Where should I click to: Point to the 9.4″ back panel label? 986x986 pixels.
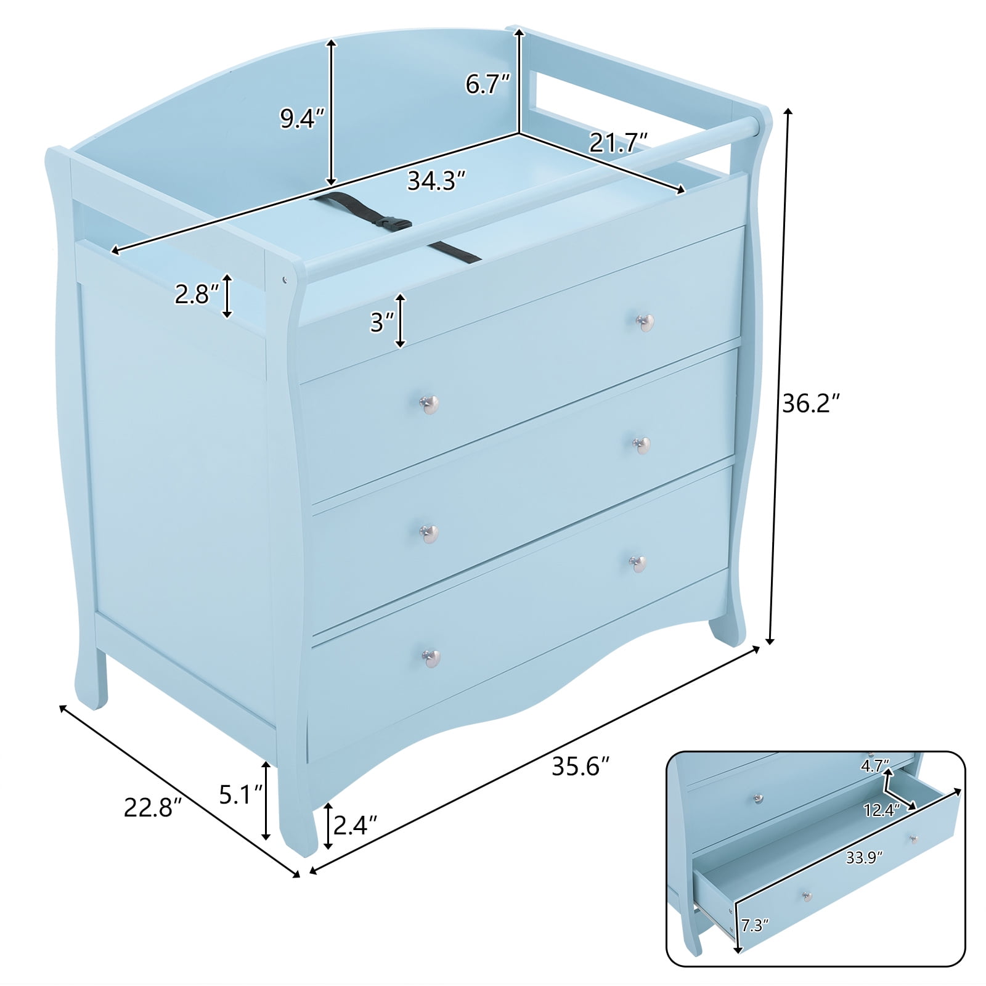pyautogui.click(x=302, y=118)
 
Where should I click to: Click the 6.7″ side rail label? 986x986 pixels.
pyautogui.click(x=487, y=84)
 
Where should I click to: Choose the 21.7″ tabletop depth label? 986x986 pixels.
pyautogui.click(x=618, y=143)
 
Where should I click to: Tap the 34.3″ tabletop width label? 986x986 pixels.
pyautogui.click(x=436, y=181)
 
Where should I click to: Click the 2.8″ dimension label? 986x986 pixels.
pyautogui.click(x=196, y=295)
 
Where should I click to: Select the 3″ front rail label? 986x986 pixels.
pyautogui.click(x=382, y=322)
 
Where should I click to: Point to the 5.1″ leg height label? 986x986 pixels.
pyautogui.click(x=242, y=795)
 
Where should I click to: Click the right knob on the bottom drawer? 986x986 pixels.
pyautogui.click(x=637, y=563)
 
